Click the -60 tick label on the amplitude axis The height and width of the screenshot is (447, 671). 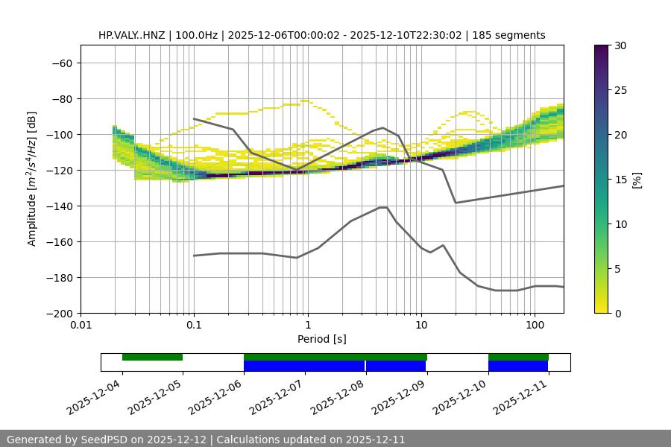61,63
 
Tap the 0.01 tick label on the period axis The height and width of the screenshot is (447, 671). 81,326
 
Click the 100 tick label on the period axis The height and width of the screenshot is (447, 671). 534,326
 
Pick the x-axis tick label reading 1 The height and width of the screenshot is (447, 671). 307,326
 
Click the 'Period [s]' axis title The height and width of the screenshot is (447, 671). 322,339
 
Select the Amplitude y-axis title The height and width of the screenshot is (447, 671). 32,179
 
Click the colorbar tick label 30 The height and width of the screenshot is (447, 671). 620,45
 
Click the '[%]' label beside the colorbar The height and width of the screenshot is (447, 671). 637,180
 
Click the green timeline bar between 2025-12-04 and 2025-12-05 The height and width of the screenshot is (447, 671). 152,357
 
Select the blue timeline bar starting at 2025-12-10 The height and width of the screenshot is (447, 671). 518,366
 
